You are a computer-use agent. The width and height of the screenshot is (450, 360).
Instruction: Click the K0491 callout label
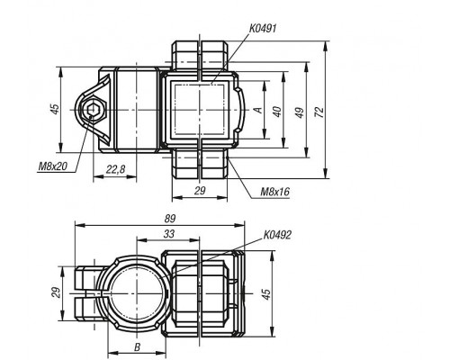coord(263,29)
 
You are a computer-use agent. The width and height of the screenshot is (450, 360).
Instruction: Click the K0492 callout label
coord(277,235)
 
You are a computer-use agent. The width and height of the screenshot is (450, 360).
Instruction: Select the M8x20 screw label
coord(53,166)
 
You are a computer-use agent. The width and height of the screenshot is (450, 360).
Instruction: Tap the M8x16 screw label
coord(275,192)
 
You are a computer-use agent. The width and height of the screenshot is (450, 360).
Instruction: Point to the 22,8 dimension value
coord(115,170)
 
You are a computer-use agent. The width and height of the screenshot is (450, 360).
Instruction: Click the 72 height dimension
coord(320,112)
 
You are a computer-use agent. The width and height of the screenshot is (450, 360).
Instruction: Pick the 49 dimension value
coord(300,112)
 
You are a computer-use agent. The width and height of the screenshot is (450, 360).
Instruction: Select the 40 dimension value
coord(277,112)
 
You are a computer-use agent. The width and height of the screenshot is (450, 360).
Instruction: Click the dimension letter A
coord(258,110)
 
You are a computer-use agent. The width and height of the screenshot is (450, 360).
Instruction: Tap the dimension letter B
coord(137,347)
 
